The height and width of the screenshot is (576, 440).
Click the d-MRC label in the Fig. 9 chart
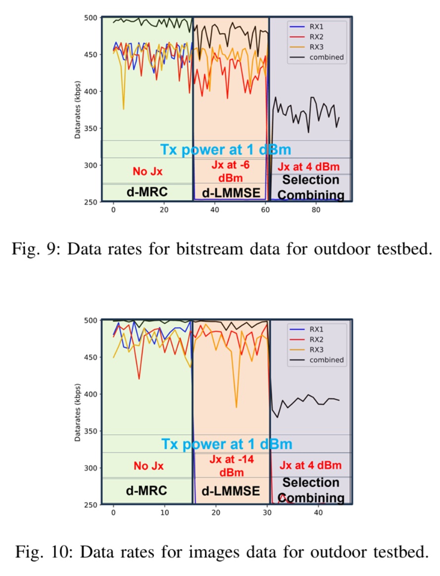pos(146,193)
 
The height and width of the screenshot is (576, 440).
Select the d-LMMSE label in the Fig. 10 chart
pos(231,491)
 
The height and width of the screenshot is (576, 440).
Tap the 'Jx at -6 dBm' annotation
pos(231,171)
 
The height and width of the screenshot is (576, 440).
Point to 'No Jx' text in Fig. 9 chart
pos(147,172)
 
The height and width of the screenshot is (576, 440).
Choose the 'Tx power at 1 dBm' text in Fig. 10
pos(227,443)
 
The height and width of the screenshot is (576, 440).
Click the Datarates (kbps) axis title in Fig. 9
pos(78,109)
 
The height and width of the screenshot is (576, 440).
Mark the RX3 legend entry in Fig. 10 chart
pos(317,350)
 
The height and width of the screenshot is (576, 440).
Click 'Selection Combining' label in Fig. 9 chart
pos(310,187)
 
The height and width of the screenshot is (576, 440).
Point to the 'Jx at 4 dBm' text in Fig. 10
pos(310,466)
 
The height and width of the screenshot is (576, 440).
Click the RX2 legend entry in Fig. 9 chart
pos(317,37)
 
